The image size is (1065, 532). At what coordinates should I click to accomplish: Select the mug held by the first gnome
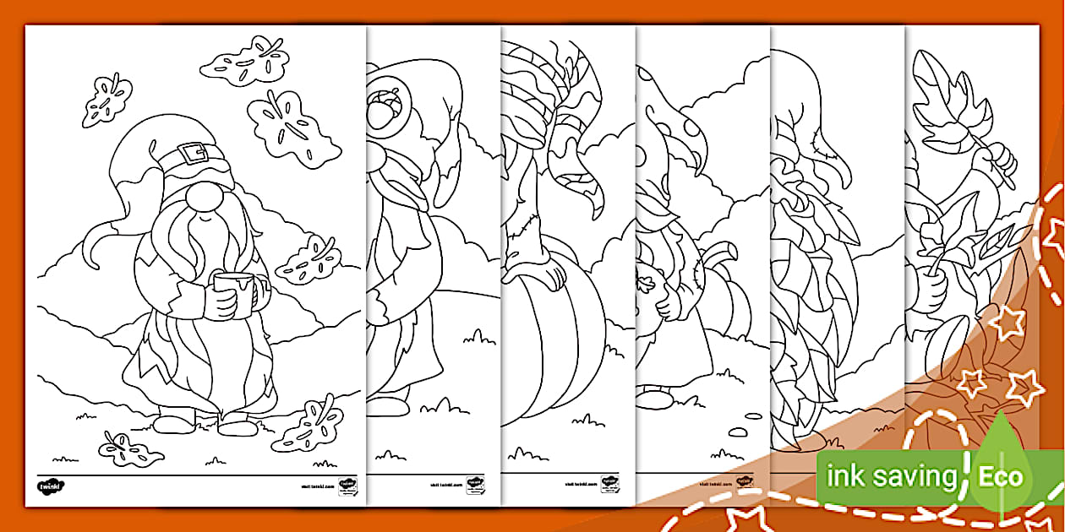click(x=233, y=290)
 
